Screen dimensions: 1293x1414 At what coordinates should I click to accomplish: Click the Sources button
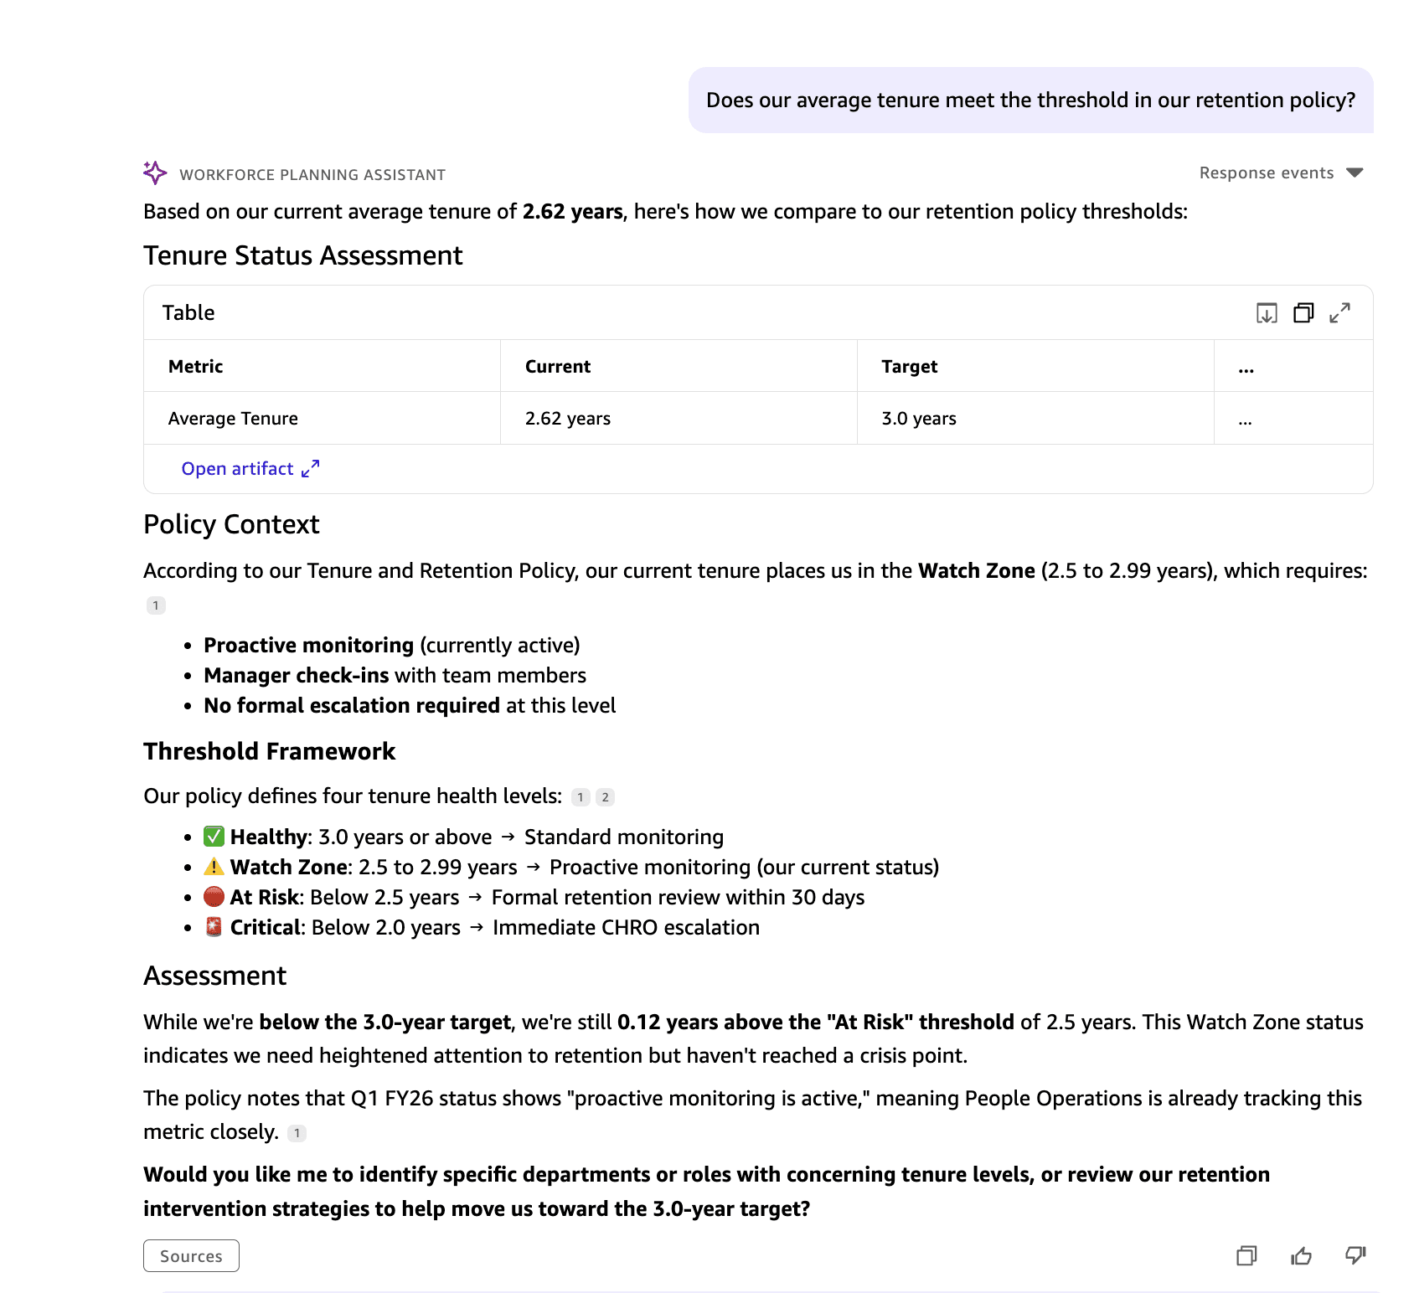pos(191,1255)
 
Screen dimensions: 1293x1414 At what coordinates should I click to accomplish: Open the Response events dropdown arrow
pos(1355,173)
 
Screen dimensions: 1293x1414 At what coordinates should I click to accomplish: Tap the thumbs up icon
pos(1301,1255)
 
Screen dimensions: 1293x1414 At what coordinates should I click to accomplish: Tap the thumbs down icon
pos(1355,1255)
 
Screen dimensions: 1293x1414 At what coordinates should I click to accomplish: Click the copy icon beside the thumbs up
pos(1246,1255)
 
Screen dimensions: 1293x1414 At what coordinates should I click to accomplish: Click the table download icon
pos(1267,313)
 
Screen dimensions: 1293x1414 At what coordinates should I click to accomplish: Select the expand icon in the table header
pos(1339,313)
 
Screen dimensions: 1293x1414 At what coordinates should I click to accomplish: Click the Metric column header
pos(195,367)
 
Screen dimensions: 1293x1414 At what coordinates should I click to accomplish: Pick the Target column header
pos(909,367)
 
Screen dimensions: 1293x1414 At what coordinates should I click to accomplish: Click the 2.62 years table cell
pos(567,419)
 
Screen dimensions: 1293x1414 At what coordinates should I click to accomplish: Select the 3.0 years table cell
pos(918,419)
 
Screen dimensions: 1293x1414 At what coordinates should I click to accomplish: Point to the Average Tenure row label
pos(233,419)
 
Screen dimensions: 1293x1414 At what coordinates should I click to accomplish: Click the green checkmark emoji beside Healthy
pos(214,837)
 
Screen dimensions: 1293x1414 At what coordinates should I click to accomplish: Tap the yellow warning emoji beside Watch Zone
pos(214,867)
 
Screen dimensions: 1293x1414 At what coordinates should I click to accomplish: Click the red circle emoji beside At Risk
pos(214,897)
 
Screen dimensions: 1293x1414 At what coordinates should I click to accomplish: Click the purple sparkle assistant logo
pos(155,173)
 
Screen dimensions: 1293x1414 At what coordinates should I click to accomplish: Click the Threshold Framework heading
pos(269,751)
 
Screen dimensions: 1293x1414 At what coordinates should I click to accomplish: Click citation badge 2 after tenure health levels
pos(605,797)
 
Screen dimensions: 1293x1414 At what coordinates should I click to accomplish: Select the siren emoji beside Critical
pos(214,927)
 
